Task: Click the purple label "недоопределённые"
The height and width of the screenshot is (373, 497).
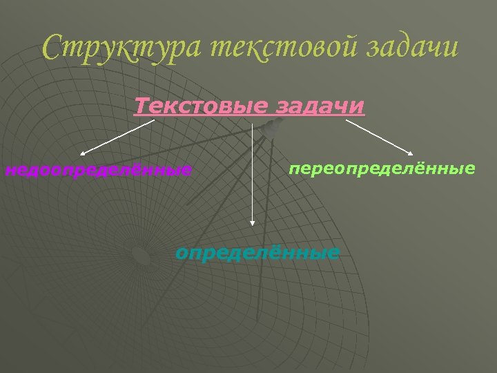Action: pyautogui.click(x=99, y=169)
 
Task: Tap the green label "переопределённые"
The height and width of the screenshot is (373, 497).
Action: pyautogui.click(x=382, y=169)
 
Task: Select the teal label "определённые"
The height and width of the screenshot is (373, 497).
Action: pyautogui.click(x=257, y=253)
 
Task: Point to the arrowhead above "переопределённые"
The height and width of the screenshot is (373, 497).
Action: pyautogui.click(x=411, y=153)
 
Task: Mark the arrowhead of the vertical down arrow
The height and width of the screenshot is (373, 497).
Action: pyautogui.click(x=253, y=222)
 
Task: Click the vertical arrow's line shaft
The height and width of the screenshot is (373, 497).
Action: pyautogui.click(x=253, y=173)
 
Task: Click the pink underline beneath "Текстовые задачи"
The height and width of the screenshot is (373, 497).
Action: pyautogui.click(x=248, y=117)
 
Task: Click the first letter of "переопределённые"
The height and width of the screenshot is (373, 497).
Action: pyautogui.click(x=294, y=169)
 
